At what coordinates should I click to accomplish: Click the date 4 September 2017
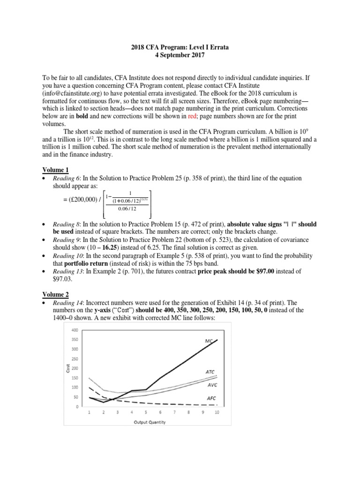180,56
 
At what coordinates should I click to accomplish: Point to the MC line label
209,341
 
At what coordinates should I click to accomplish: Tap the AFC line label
212,398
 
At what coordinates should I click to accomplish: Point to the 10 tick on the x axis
217,412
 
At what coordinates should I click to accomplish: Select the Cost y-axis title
67,368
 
